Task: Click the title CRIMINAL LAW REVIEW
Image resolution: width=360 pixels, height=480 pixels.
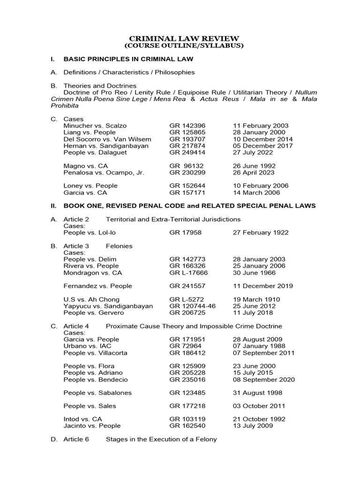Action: click(184, 38)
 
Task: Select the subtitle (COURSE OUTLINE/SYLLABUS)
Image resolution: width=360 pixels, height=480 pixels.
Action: click(184, 46)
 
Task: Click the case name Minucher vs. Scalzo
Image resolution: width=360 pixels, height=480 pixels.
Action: click(95, 126)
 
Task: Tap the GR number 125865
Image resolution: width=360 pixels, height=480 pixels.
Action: click(187, 133)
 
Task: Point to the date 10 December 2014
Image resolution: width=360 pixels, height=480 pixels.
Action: click(263, 139)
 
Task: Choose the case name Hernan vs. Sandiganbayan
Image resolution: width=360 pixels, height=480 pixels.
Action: click(106, 146)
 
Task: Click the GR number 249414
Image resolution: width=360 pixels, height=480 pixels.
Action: click(187, 152)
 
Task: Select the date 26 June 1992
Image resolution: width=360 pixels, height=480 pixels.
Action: click(254, 166)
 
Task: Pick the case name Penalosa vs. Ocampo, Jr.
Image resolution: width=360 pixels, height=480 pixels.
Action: click(104, 172)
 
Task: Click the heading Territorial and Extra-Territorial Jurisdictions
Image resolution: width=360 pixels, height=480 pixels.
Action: click(173, 219)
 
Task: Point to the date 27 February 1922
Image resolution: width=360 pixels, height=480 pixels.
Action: click(261, 232)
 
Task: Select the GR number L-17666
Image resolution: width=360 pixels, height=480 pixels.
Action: click(188, 272)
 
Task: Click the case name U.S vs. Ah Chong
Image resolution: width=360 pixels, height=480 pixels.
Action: click(91, 299)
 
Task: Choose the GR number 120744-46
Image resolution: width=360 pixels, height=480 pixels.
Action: click(192, 306)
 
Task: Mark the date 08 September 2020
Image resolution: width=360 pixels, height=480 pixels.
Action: click(263, 379)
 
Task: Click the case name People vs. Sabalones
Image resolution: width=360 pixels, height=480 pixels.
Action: click(97, 393)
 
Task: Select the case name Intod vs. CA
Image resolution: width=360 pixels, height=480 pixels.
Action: click(82, 419)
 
